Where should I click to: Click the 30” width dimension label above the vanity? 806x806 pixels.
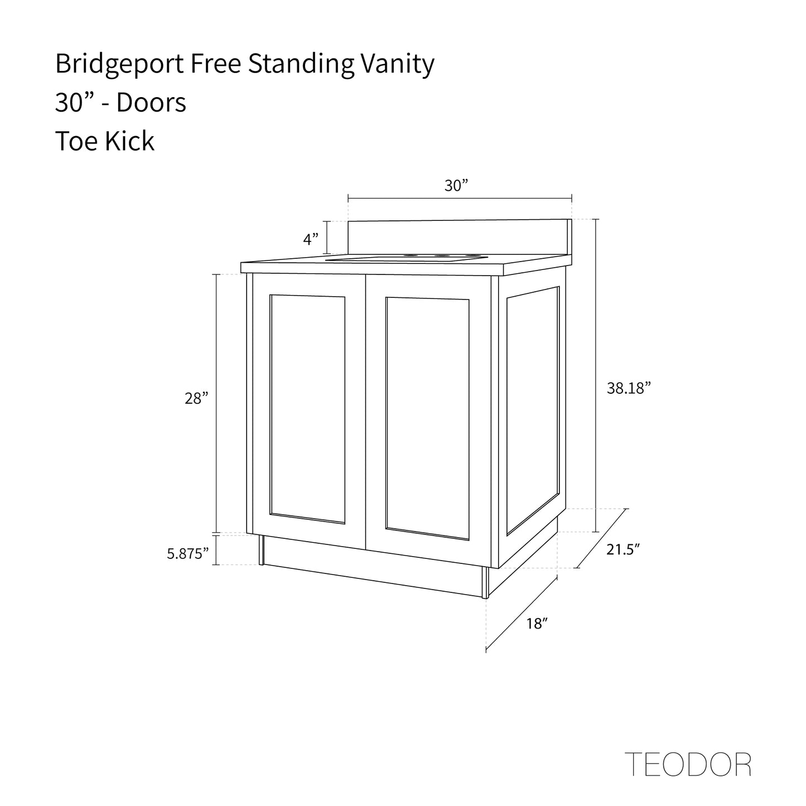456,185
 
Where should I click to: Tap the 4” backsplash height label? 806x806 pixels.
311,239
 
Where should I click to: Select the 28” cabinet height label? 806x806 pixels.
196,398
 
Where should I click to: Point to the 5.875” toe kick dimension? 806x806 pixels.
188,553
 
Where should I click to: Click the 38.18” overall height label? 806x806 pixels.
629,388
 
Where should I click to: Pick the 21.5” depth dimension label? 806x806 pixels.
623,549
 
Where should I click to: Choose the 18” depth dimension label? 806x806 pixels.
537,624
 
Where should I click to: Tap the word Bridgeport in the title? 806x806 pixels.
119,65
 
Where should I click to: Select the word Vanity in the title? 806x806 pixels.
397,65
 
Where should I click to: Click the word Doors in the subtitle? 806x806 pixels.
151,103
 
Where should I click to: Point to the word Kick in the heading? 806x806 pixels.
129,141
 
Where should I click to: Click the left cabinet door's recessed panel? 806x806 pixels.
307,409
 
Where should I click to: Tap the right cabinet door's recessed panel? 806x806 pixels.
427,419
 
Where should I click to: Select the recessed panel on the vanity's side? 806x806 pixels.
533,411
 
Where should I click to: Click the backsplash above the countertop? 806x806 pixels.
460,237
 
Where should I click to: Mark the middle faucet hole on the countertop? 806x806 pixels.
440,255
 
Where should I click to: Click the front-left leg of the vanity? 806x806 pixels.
262,550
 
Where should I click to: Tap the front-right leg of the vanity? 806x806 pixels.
485,583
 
